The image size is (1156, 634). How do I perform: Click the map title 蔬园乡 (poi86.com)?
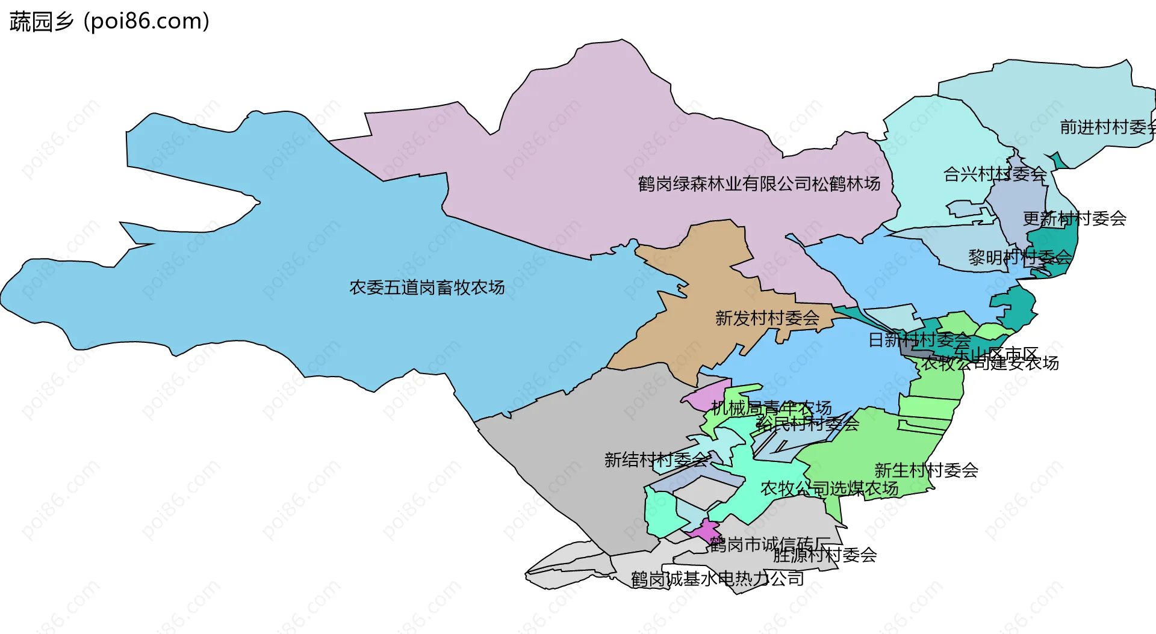tap(110, 22)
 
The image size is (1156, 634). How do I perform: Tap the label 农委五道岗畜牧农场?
tap(427, 288)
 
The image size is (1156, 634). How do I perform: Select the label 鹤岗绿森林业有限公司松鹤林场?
tap(759, 183)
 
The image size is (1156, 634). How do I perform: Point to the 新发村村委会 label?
tap(767, 318)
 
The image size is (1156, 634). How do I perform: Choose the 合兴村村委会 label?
tap(995, 174)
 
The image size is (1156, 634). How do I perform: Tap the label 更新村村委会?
tap(1074, 218)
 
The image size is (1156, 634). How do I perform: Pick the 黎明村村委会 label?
tap(1020, 257)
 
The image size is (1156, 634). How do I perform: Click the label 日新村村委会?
tap(919, 340)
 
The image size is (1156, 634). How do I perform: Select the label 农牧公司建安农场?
tap(990, 363)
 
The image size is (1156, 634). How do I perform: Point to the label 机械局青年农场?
tap(771, 408)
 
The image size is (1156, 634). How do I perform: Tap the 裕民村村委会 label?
tap(807, 423)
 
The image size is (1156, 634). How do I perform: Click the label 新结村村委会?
tap(656, 460)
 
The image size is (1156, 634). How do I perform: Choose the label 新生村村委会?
tap(926, 470)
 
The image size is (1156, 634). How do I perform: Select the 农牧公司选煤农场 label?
tap(829, 488)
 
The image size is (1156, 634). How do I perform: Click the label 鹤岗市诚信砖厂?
tap(769, 544)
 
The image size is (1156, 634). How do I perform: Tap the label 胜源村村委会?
tap(825, 555)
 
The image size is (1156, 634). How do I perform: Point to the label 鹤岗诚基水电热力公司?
tap(717, 579)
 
